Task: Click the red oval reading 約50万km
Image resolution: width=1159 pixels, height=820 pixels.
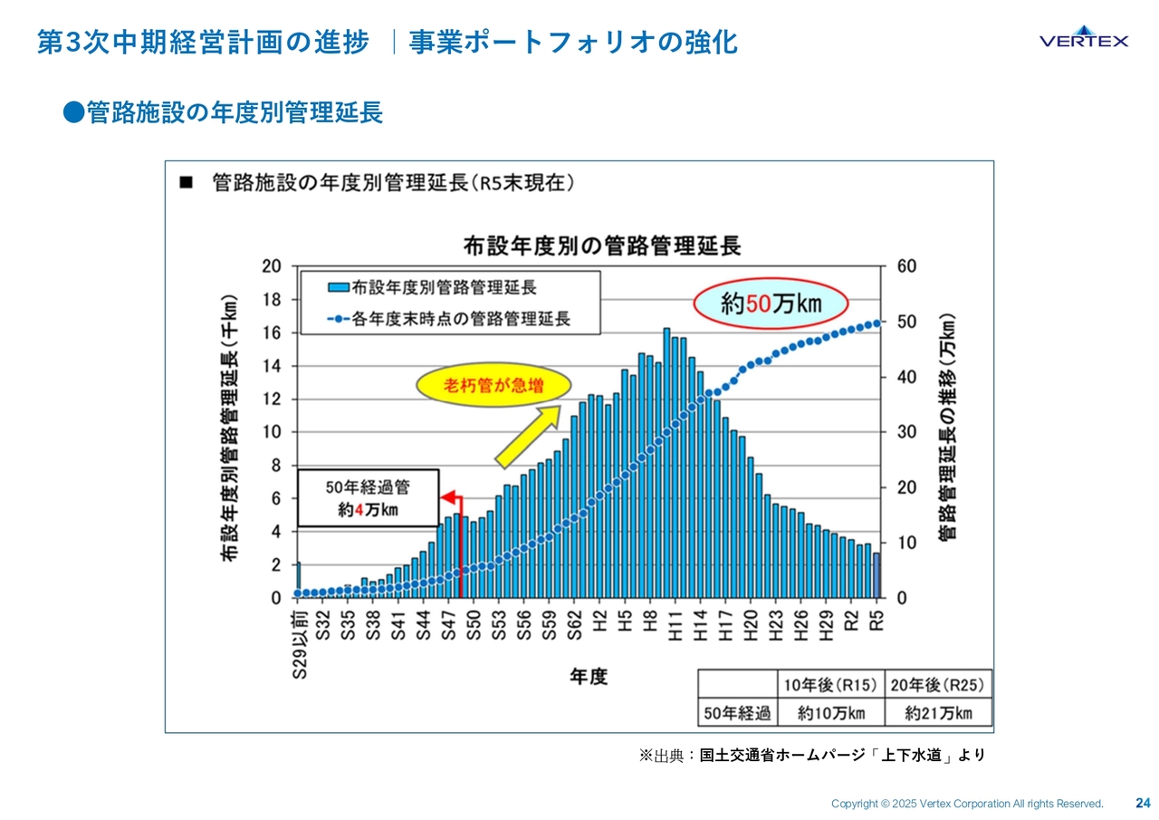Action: (x=771, y=304)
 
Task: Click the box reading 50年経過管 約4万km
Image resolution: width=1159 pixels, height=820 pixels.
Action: (x=368, y=497)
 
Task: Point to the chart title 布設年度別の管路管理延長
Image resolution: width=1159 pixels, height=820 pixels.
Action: (x=601, y=246)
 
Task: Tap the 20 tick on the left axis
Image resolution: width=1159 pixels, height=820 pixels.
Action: (x=271, y=266)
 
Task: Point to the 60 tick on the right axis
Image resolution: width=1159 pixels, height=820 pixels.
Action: (x=906, y=266)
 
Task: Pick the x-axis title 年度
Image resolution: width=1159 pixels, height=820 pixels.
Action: (x=589, y=677)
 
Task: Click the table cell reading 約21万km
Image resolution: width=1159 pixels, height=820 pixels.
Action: (x=938, y=713)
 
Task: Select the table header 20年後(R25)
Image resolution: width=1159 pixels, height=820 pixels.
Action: (x=938, y=683)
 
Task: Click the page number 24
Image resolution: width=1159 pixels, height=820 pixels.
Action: (x=1143, y=803)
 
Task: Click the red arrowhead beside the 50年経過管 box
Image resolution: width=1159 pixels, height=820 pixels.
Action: (x=446, y=497)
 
